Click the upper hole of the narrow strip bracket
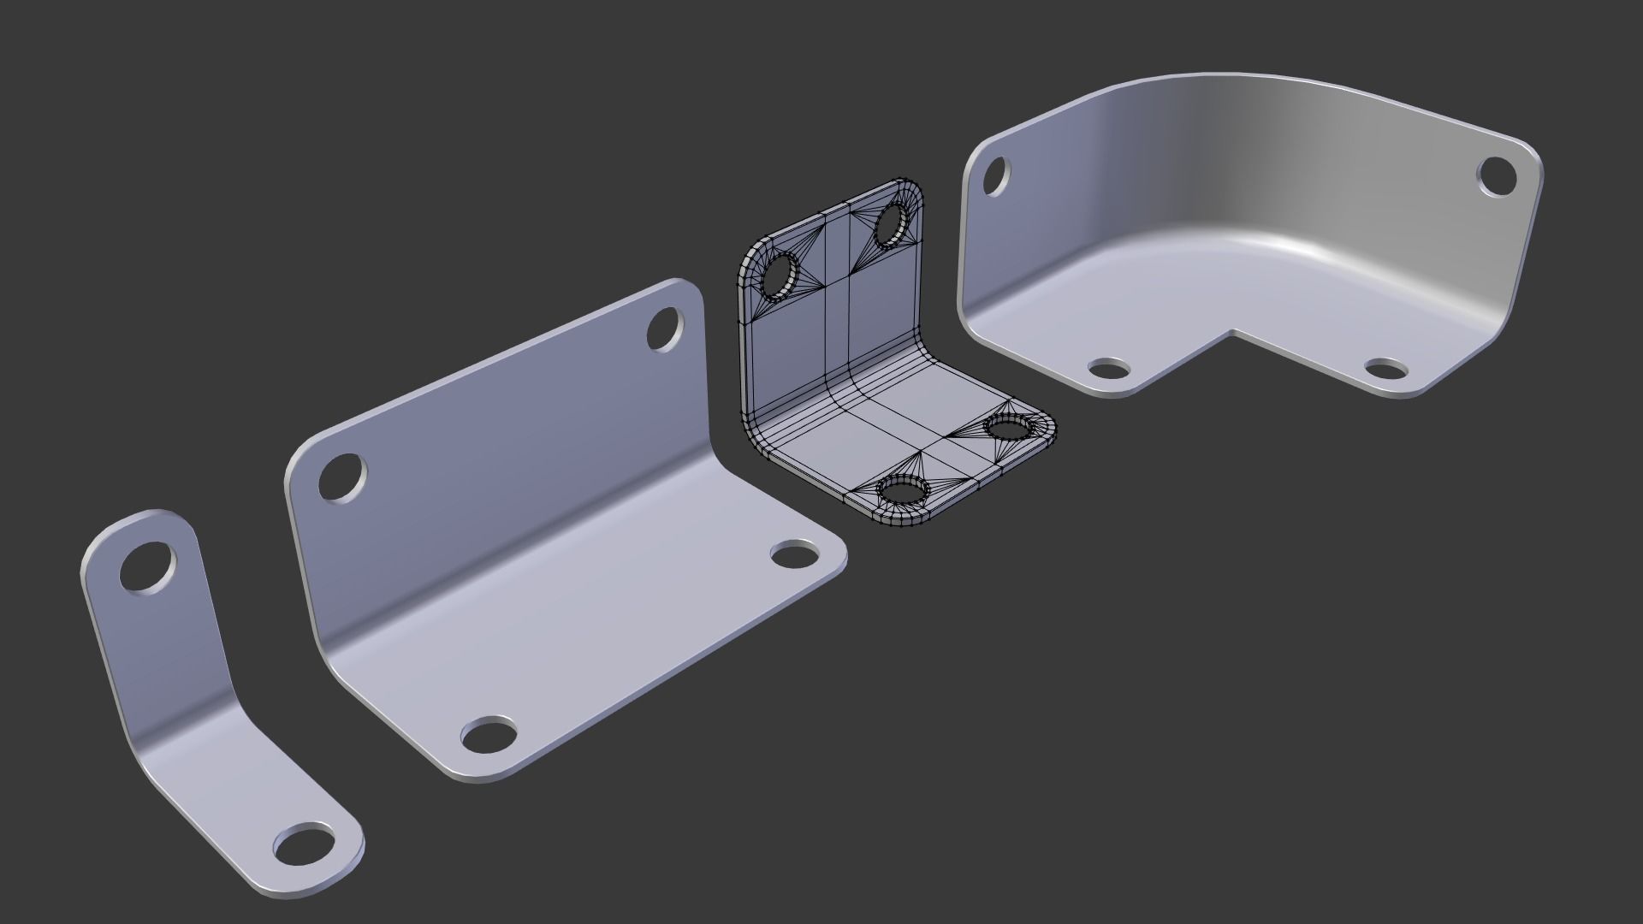click(x=147, y=566)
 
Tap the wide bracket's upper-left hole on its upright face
click(x=342, y=479)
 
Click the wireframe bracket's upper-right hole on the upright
click(x=893, y=223)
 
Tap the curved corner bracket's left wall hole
click(x=994, y=175)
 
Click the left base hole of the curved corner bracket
click(x=1109, y=370)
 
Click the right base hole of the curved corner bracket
click(x=1386, y=370)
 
